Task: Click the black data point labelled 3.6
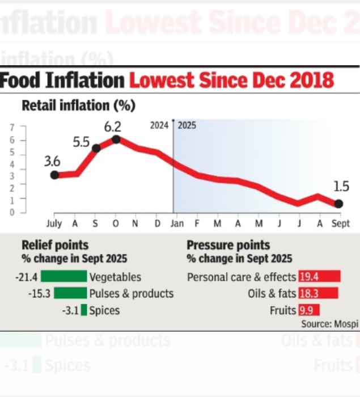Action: click(x=54, y=175)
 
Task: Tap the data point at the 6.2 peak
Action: click(x=116, y=139)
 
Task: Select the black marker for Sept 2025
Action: click(x=338, y=204)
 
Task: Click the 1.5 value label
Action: click(x=341, y=186)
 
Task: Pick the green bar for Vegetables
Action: click(x=63, y=277)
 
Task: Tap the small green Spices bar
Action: click(x=84, y=310)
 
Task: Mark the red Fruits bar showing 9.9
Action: click(x=310, y=310)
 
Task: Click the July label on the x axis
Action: click(x=54, y=223)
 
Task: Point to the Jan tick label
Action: click(x=176, y=223)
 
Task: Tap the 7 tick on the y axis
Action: click(x=11, y=126)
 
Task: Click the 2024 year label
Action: click(x=159, y=125)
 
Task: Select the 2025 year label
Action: click(x=187, y=125)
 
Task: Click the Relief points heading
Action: click(x=55, y=246)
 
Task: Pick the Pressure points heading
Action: click(x=228, y=246)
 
